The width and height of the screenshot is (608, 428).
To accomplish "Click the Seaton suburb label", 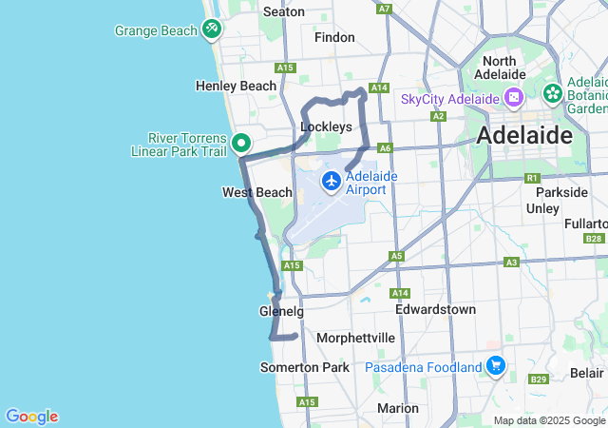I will [283, 11].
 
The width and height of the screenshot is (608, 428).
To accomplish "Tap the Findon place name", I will [334, 38].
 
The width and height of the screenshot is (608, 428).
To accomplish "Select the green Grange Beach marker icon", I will [212, 29].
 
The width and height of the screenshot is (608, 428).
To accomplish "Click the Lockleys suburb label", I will [326, 126].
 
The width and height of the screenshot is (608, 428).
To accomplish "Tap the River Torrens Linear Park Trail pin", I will [241, 144].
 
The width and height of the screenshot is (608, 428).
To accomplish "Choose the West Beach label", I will [256, 192].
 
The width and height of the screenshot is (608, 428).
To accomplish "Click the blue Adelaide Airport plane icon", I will [332, 181].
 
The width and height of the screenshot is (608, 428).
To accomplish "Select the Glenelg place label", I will [281, 312].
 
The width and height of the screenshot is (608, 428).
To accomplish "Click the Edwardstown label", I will [435, 309].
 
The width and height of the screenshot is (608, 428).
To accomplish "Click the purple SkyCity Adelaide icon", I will [513, 98].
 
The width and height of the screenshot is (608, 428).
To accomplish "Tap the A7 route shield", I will [384, 9].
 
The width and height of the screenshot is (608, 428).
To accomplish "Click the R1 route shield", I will [532, 178].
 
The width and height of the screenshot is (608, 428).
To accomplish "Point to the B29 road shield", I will [539, 379].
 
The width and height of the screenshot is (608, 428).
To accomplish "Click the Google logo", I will [31, 417].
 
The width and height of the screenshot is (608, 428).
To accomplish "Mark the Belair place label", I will [588, 372].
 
